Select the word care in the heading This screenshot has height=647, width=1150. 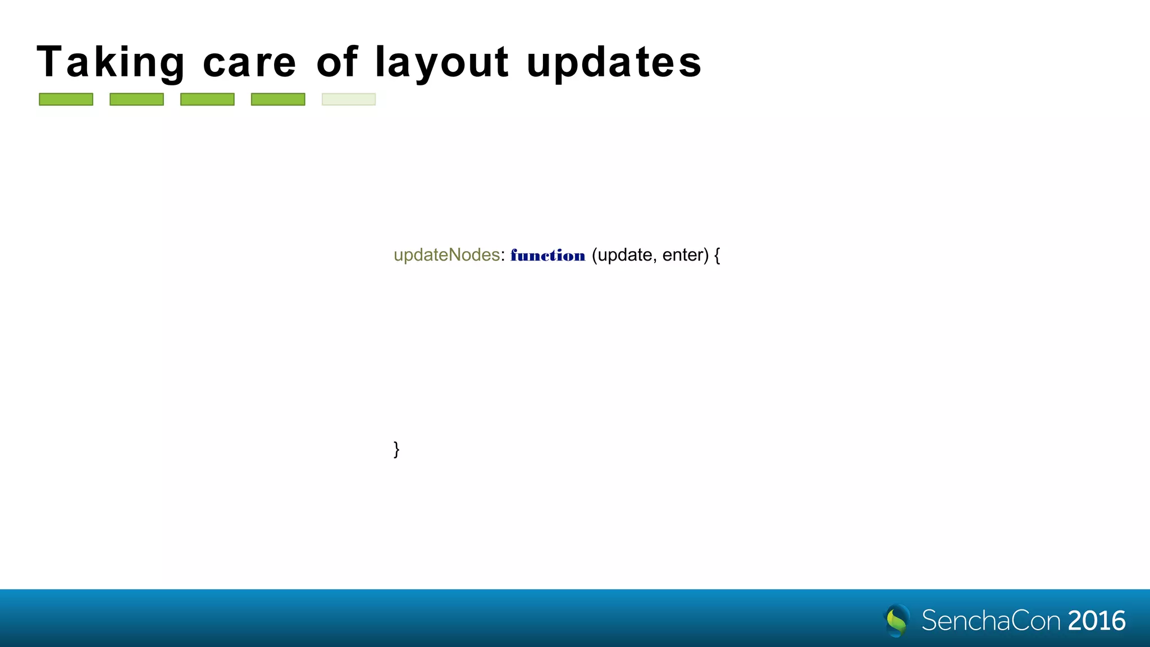[x=249, y=62]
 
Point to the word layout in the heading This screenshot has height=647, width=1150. [x=442, y=62]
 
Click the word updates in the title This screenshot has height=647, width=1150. [x=614, y=62]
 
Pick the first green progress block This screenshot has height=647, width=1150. [x=66, y=99]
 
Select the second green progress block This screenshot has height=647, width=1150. [x=136, y=99]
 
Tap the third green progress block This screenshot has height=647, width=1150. [x=207, y=99]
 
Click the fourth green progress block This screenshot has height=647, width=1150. [x=278, y=99]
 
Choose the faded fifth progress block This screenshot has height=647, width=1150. [x=349, y=99]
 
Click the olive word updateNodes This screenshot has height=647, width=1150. [x=446, y=255]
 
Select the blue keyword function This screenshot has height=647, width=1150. [x=548, y=256]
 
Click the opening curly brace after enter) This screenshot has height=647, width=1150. [x=717, y=256]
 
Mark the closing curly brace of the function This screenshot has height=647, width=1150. [x=396, y=449]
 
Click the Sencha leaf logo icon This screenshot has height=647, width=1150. [x=897, y=621]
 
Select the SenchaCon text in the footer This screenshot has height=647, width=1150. [x=991, y=621]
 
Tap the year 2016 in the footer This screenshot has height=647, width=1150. [x=1097, y=621]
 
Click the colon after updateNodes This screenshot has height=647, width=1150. [x=503, y=256]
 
